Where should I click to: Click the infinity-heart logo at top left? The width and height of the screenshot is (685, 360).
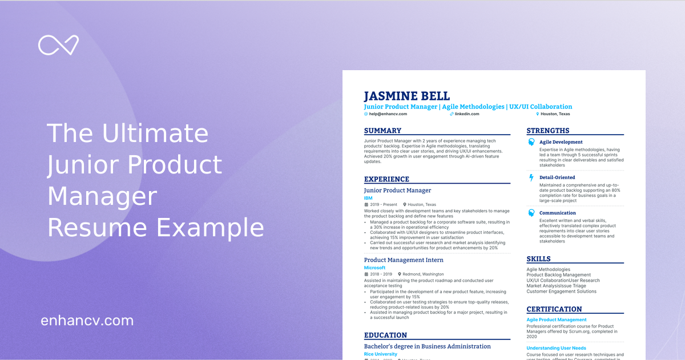tap(58, 45)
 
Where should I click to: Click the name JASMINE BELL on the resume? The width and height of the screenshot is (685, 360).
tap(406, 96)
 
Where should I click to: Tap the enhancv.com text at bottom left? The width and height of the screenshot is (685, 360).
tap(87, 321)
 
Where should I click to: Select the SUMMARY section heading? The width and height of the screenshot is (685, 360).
tap(382, 131)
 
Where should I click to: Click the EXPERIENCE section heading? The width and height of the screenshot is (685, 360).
tap(386, 179)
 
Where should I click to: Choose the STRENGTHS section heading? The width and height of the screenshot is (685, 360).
tap(547, 131)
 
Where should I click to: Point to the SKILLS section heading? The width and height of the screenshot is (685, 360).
tap(539, 259)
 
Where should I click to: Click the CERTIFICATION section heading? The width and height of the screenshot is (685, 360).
tap(554, 310)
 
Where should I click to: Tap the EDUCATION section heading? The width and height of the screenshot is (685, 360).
tap(385, 335)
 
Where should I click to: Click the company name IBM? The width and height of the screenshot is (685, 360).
tap(368, 198)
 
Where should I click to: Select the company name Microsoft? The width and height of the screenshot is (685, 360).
tap(374, 268)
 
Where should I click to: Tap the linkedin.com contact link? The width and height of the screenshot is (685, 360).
tap(466, 114)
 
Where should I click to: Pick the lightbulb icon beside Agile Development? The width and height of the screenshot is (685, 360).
tap(531, 142)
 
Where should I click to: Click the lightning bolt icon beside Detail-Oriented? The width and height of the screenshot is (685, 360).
tap(531, 177)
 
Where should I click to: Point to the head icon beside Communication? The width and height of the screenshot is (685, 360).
tap(531, 213)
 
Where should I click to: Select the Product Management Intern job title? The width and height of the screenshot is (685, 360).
tap(404, 260)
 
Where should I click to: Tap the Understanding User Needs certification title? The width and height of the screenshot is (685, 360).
tap(556, 348)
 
